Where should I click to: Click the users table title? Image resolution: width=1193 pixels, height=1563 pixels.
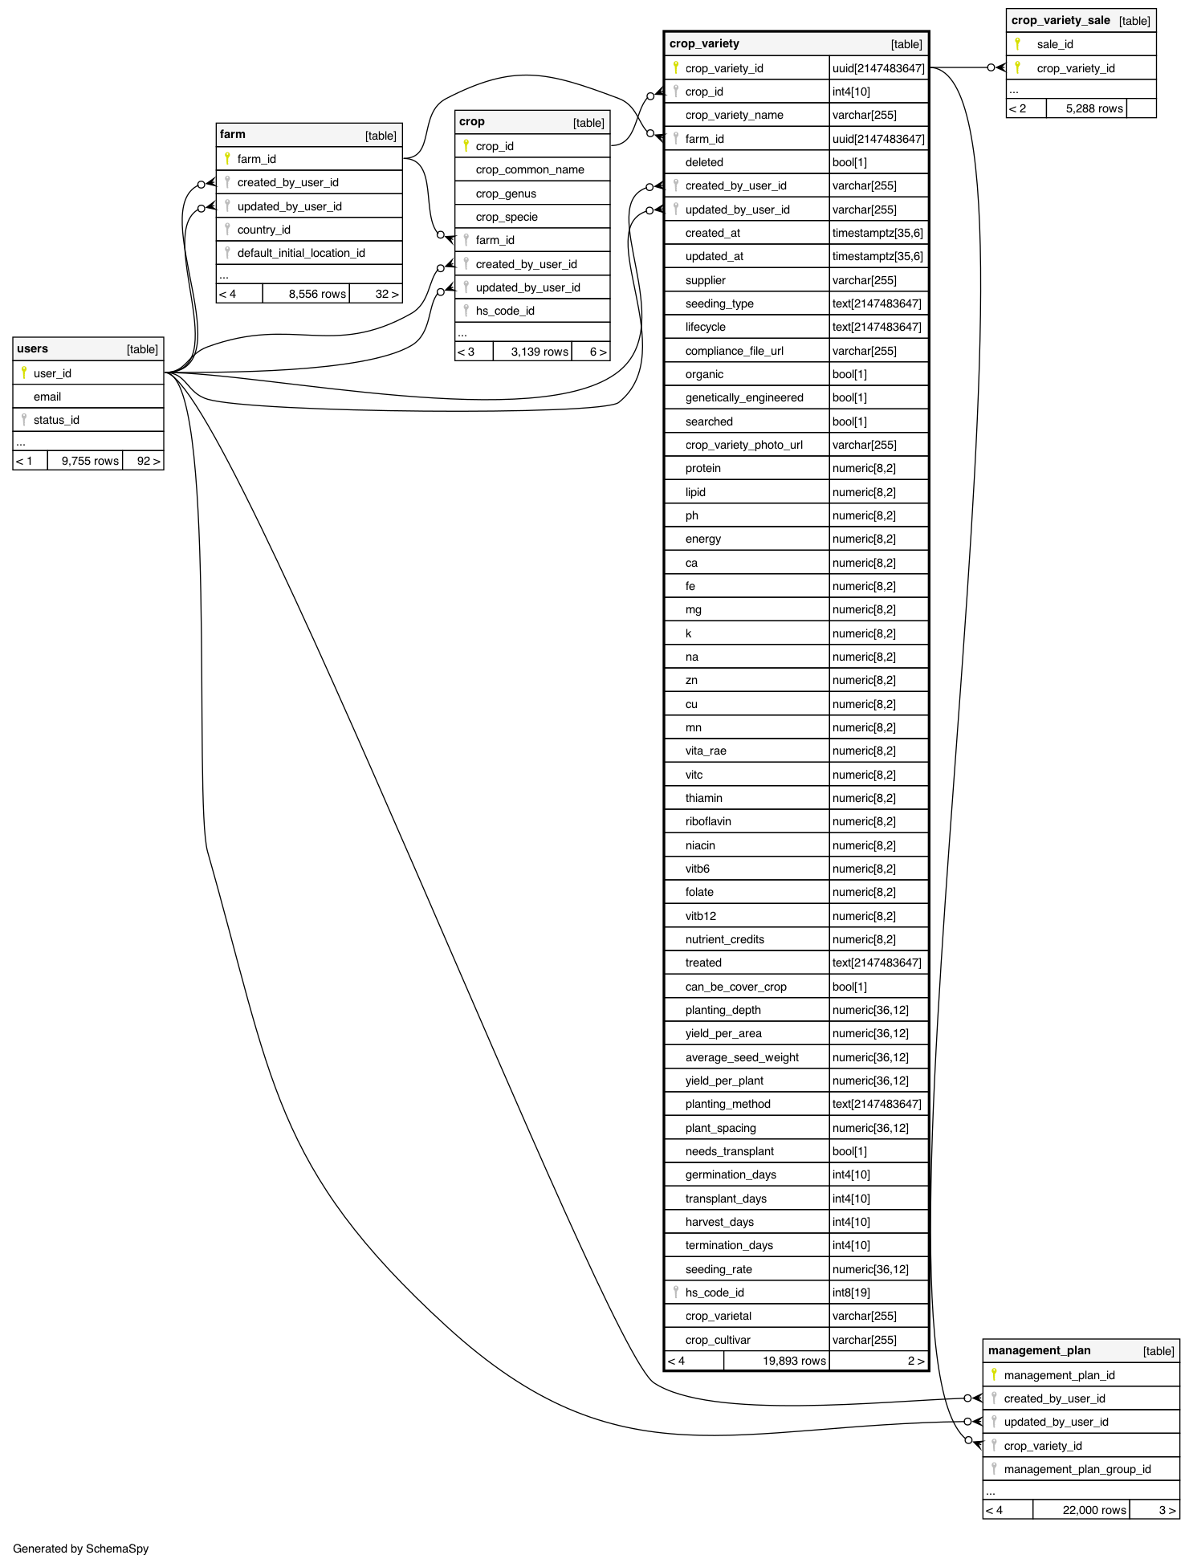33,348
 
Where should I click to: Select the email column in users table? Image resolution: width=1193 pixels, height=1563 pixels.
47,397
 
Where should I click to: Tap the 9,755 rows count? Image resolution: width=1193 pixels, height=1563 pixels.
90,461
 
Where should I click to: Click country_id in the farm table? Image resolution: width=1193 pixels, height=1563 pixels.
263,230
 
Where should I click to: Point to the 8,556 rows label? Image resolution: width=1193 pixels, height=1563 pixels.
317,294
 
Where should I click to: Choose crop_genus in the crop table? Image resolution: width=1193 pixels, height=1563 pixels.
506,193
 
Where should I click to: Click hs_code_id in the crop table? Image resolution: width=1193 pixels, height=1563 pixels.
505,311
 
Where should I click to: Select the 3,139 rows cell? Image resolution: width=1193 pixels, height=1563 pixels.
539,352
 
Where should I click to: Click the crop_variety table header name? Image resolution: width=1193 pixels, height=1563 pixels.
704,43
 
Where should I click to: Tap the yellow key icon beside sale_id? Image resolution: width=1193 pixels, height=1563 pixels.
1017,43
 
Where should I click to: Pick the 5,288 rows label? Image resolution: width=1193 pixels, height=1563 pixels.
1094,108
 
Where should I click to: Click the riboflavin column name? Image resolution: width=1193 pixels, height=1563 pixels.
708,821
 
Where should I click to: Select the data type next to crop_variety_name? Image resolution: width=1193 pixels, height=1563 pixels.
865,115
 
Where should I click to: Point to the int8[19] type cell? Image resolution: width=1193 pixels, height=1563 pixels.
851,1292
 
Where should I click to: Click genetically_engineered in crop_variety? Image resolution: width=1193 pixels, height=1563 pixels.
744,397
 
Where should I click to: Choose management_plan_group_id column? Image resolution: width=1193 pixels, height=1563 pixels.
1077,1469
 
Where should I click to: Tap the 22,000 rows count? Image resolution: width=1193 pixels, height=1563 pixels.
1094,1510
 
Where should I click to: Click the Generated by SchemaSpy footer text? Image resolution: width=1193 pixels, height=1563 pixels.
81,1549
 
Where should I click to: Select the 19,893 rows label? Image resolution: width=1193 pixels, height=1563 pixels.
794,1361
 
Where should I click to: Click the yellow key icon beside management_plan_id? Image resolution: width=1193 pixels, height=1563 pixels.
994,1374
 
